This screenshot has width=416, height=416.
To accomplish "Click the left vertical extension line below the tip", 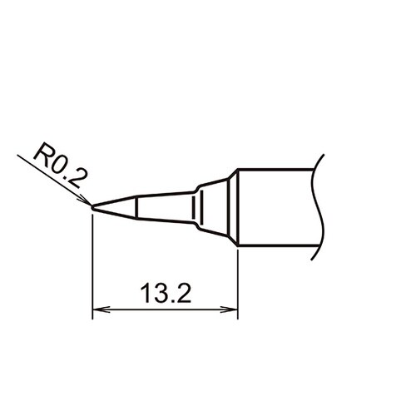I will click(x=92, y=266).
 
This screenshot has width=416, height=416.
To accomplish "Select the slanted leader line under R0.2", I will click(x=50, y=176).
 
